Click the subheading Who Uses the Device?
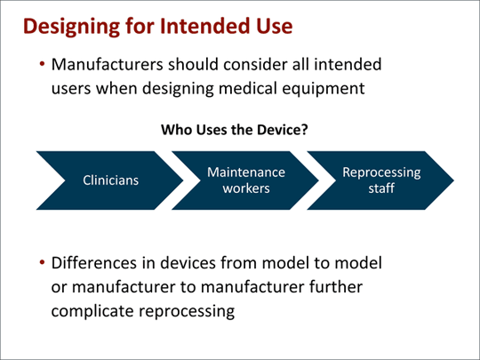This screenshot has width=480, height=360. pos(234,130)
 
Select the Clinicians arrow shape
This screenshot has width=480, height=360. pos(110,180)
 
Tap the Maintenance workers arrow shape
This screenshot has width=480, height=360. pos(246,180)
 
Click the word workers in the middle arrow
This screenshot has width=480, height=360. pos(246,189)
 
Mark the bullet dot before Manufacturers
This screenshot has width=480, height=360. pos(42,67)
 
